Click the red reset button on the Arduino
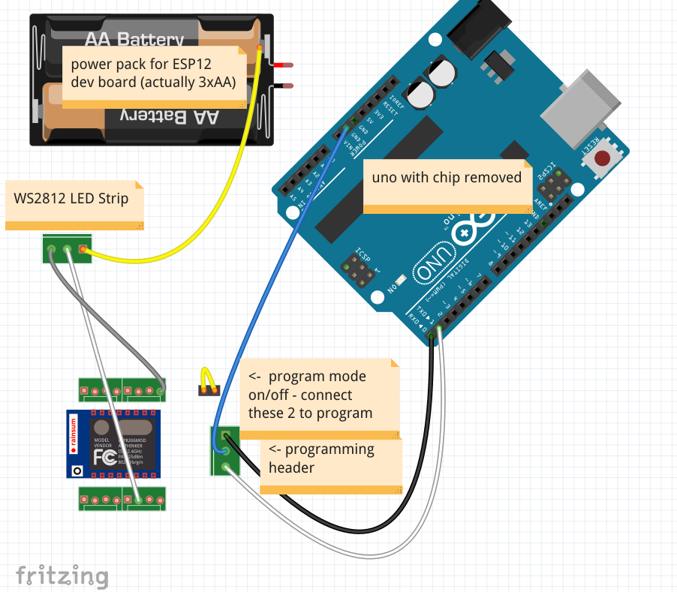[x=603, y=159]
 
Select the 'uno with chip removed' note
[x=447, y=185]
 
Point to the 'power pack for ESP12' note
[x=153, y=76]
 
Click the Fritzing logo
[x=62, y=575]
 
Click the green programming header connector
[x=224, y=451]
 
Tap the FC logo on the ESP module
[x=105, y=455]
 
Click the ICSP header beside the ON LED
[x=359, y=269]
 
